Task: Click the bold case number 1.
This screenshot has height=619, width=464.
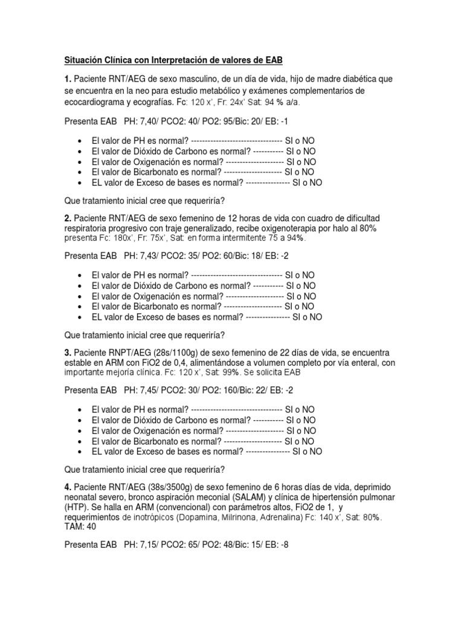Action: pyautogui.click(x=68, y=80)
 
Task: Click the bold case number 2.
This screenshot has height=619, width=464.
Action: pyautogui.click(x=68, y=218)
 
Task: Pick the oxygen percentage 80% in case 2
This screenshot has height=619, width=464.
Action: pyautogui.click(x=367, y=228)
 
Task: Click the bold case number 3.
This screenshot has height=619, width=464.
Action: pyautogui.click(x=68, y=352)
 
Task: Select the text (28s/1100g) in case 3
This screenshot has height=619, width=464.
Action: pyautogui.click(x=163, y=352)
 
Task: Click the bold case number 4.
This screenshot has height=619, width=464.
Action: pyautogui.click(x=68, y=487)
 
